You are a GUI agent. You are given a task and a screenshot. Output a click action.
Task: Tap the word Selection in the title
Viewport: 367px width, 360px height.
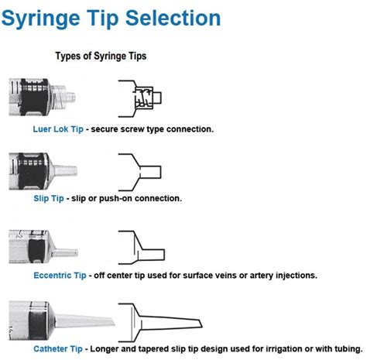pyautogui.click(x=173, y=18)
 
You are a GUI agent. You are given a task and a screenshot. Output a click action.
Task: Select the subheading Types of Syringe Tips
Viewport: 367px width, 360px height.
pyautogui.click(x=101, y=56)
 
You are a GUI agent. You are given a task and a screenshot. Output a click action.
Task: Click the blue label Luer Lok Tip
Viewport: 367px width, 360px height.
pyautogui.click(x=58, y=129)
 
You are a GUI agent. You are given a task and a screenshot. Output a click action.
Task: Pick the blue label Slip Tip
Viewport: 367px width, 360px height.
pyautogui.click(x=49, y=198)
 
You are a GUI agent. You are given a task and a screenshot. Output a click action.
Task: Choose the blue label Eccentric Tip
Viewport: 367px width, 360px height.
pyautogui.click(x=60, y=276)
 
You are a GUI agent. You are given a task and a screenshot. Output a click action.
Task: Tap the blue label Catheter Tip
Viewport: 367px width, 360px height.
pyautogui.click(x=58, y=349)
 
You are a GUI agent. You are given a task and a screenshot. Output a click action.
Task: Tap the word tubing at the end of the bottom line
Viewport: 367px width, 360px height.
pyautogui.click(x=348, y=349)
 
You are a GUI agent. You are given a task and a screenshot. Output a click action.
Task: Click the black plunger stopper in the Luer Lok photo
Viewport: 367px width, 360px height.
pyautogui.click(x=34, y=98)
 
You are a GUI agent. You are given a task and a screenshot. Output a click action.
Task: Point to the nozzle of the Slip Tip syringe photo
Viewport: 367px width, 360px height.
pyautogui.click(x=65, y=170)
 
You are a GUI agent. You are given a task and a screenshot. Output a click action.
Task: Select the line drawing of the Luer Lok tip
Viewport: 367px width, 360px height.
pyautogui.click(x=140, y=98)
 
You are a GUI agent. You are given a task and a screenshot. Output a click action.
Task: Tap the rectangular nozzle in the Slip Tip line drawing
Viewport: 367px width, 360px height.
pyautogui.click(x=150, y=172)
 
